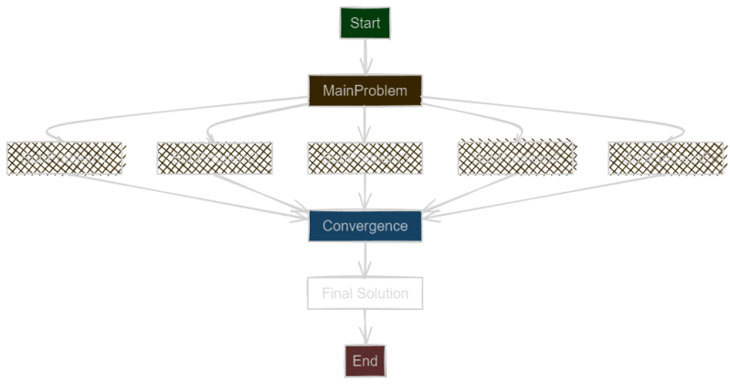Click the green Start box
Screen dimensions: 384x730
(x=365, y=24)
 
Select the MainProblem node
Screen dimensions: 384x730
(x=365, y=91)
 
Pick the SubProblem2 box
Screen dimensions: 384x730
(x=215, y=158)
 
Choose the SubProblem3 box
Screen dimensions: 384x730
(x=365, y=158)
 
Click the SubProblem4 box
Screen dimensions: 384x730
(x=515, y=158)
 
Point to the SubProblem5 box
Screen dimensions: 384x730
(x=666, y=158)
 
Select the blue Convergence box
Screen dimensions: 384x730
(x=365, y=226)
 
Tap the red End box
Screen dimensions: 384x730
(x=365, y=360)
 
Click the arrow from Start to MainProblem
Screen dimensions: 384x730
(x=365, y=57)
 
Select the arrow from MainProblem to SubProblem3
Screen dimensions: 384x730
(x=365, y=124)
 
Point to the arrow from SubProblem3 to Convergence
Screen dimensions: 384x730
(x=365, y=192)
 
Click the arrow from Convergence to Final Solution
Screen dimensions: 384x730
(x=365, y=260)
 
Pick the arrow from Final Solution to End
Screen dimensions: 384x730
(x=365, y=327)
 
